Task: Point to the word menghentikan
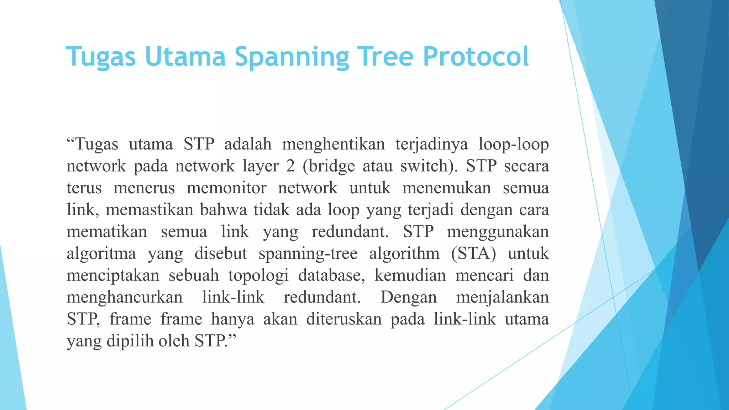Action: tap(334, 144)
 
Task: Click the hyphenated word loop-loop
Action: tap(514, 144)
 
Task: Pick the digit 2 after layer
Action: tap(290, 166)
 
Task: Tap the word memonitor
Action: tap(226, 188)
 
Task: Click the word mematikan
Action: tap(107, 232)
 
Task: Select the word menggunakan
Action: tap(498, 232)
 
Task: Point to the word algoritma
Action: tap(101, 254)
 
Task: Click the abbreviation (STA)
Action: tap(473, 254)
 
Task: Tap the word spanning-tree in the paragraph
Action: tap(308, 254)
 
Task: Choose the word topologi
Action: tap(258, 275)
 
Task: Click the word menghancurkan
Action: tap(125, 297)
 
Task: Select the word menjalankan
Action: tap(503, 297)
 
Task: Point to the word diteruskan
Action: tap(344, 319)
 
